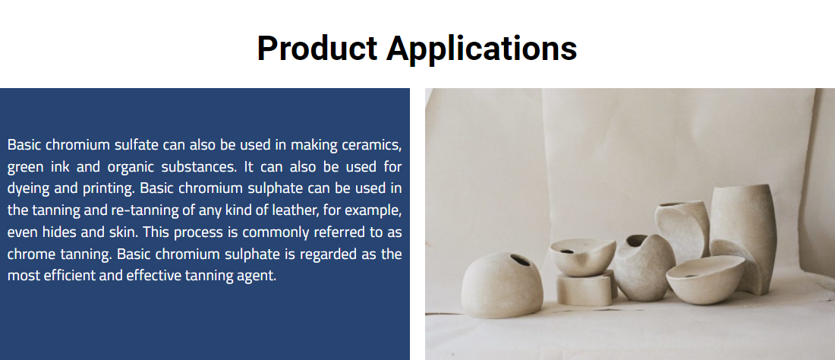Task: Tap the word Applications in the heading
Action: point(481,49)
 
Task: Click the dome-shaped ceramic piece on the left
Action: point(502,286)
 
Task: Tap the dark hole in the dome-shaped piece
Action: point(520,261)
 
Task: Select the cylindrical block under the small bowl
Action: point(584,289)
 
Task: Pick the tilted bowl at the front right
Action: point(705,279)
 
